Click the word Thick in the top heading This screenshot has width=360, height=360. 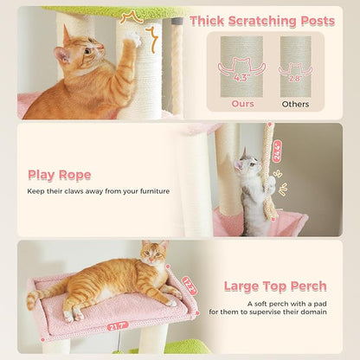pos(209,21)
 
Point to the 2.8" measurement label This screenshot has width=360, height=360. pos(296,78)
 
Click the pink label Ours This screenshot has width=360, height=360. pos(243,103)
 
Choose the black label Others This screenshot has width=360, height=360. pos(295,103)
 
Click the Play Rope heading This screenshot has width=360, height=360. pos(59,175)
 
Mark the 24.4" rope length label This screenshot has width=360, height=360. pos(276,151)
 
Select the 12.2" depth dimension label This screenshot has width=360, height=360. pos(190,284)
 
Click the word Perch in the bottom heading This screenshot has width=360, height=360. pos(307,286)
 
